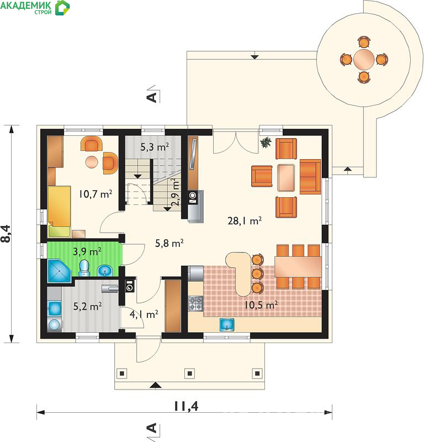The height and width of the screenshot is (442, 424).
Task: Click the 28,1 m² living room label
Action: pyautogui.click(x=245, y=220)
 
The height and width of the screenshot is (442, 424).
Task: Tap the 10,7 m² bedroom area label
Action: pyautogui.click(x=96, y=194)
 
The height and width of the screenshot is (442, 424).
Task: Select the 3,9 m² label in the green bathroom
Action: pyautogui.click(x=87, y=251)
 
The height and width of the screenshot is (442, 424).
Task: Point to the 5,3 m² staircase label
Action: pyautogui.click(x=155, y=147)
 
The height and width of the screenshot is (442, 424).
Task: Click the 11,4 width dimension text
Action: pyautogui.click(x=186, y=406)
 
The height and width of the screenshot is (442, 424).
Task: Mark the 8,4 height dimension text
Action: pyautogui.click(x=6, y=234)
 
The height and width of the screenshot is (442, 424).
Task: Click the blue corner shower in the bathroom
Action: pyautogui.click(x=59, y=271)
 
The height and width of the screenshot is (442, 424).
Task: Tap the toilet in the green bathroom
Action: pyautogui.click(x=84, y=268)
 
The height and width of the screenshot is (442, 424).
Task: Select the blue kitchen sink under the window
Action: pyautogui.click(x=227, y=324)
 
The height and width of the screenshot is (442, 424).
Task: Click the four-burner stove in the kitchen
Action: pyautogui.click(x=195, y=303)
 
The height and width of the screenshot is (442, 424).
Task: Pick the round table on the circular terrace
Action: pyautogui.click(x=364, y=60)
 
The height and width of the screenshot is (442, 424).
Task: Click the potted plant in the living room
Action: pyautogui.click(x=266, y=143)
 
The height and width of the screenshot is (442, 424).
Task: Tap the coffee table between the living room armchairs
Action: pyautogui.click(x=286, y=177)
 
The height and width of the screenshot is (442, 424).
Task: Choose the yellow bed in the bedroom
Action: pyautogui.click(x=59, y=212)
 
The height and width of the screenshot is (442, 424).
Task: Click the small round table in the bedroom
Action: pyautogui.click(x=92, y=162)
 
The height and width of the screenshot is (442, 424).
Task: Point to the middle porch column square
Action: pyautogui.click(x=189, y=373)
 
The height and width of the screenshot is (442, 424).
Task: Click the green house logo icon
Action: pyautogui.click(x=62, y=8)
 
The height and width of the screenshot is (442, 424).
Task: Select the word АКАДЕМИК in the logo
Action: pyautogui.click(x=26, y=6)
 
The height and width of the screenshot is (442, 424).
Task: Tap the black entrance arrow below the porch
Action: pyautogui.click(x=155, y=386)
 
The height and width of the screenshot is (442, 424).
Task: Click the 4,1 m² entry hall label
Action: pyautogui.click(x=144, y=314)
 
